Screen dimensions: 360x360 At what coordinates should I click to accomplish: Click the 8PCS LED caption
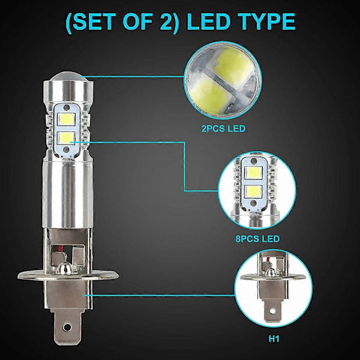point(258,238)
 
